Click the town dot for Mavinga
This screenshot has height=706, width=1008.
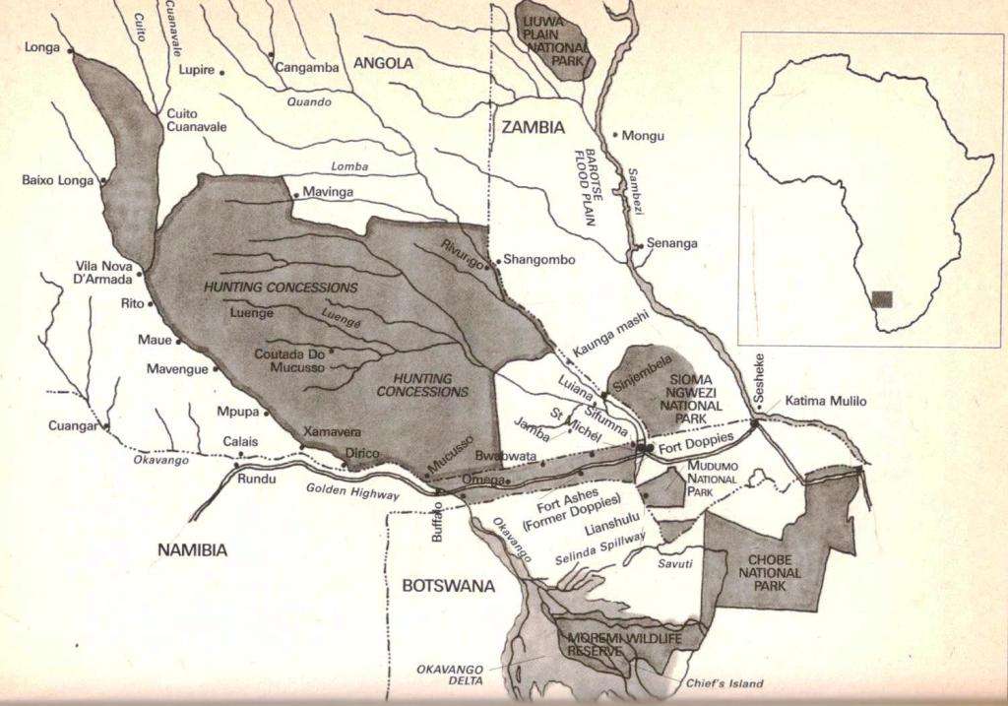point(295,195)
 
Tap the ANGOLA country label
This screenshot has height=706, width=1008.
point(383,63)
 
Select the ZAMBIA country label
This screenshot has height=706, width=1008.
point(533,127)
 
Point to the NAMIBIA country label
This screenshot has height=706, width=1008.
point(192,550)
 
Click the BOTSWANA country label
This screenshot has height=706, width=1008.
point(448,586)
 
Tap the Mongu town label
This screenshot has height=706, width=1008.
point(644,136)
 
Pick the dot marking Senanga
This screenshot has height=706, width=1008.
point(640,245)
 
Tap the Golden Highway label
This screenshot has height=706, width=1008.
point(353,492)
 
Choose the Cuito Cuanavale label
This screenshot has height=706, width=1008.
point(196,120)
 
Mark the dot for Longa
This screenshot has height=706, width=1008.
point(71,49)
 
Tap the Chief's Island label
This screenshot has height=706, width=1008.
point(724,683)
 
